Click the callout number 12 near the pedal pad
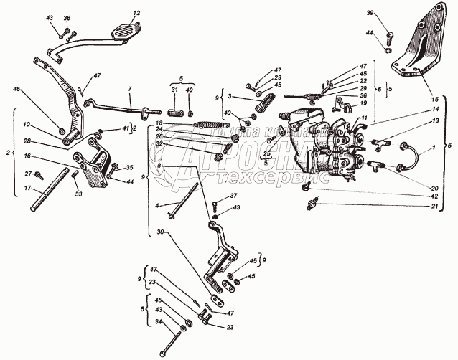[137, 13]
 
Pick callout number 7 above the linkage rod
[129, 90]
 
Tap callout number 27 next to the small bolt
[29, 173]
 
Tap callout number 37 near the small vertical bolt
[233, 196]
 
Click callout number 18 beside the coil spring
[159, 124]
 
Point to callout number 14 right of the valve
[434, 109]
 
